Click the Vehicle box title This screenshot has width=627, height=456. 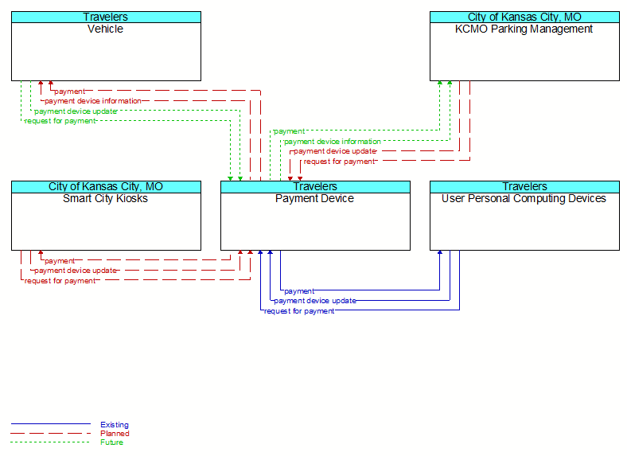[x=105, y=29]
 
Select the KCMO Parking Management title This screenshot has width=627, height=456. [x=524, y=29]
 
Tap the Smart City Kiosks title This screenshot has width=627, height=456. [x=105, y=198]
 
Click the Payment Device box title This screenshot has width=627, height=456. [x=315, y=198]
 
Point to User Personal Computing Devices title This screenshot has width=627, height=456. [x=524, y=198]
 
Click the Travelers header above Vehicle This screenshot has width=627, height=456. [x=106, y=17]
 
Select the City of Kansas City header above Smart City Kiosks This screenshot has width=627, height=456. [x=106, y=186]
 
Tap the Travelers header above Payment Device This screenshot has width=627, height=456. [x=315, y=186]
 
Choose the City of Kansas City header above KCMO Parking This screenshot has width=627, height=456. [x=524, y=17]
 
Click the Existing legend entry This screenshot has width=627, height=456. [x=115, y=425]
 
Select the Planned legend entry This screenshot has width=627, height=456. [x=115, y=434]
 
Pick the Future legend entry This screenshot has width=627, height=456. [x=111, y=442]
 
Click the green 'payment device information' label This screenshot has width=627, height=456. [x=333, y=142]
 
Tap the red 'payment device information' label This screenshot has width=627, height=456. [x=93, y=101]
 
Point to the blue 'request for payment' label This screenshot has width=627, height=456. [x=299, y=311]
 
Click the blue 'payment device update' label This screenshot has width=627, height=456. [x=315, y=301]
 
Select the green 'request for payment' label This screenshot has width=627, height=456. [x=60, y=121]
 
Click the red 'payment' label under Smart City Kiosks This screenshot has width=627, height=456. [x=60, y=261]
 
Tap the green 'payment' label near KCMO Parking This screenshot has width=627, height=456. [x=289, y=131]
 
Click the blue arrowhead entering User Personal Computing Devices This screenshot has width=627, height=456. [x=440, y=252]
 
